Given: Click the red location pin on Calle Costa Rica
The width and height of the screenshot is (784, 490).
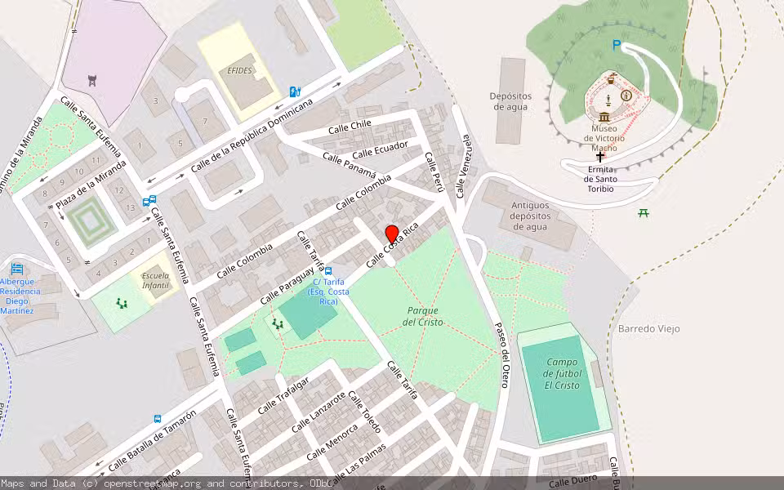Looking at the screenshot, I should (391, 234).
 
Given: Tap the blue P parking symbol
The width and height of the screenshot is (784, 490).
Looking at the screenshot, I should (617, 47).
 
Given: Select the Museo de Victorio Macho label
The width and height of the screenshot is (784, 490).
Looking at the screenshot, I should (604, 133).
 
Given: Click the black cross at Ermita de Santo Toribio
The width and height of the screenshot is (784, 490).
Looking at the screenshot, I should (600, 156).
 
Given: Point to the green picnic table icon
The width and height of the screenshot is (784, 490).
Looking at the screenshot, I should (644, 213).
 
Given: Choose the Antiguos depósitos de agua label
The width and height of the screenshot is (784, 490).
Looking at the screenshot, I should (529, 216).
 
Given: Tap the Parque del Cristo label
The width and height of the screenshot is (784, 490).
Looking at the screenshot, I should (422, 316).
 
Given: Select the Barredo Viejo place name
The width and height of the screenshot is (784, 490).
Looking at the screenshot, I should (648, 328).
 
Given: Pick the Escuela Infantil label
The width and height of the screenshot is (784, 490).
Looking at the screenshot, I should (155, 280).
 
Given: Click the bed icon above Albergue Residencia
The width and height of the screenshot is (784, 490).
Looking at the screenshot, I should (17, 269).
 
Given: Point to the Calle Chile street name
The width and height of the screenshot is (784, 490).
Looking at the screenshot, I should (350, 127).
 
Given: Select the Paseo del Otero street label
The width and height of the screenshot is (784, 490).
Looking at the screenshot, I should (501, 352).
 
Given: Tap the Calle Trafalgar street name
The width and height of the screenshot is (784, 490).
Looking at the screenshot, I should (283, 395).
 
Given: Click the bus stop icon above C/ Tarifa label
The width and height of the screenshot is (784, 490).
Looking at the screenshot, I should (328, 270).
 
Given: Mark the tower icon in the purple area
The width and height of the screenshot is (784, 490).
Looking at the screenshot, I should (91, 80).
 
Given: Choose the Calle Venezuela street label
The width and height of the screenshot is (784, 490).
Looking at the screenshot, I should (463, 166).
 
